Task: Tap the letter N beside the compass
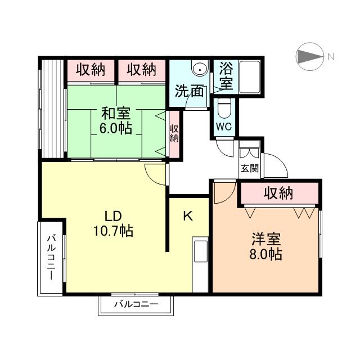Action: point(331,56)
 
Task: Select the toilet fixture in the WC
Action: point(224,109)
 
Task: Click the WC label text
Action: point(224,127)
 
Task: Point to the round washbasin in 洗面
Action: point(200,69)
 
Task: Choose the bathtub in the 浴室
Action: point(250,76)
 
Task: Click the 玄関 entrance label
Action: point(250,169)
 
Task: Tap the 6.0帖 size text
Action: point(116,128)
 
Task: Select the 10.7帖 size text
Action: point(113,231)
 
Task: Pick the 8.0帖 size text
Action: point(265,254)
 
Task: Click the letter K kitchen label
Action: point(188,216)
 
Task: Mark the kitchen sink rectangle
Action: point(200,251)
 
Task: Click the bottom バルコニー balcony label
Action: point(136,304)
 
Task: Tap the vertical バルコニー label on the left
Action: point(52,257)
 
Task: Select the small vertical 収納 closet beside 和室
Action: point(174,134)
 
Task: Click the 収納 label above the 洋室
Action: point(278,193)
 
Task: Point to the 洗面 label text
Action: point(189,91)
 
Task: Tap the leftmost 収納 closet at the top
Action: point(91,70)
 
